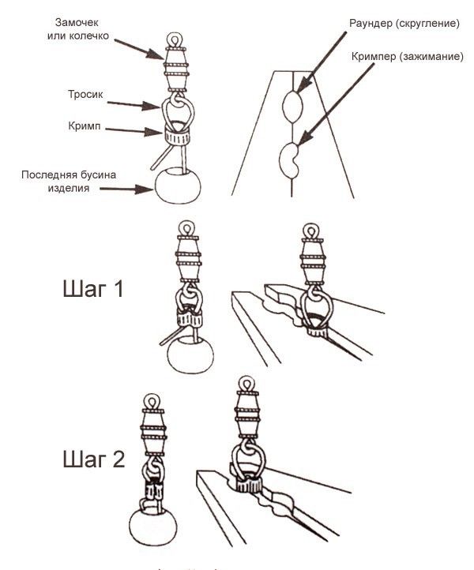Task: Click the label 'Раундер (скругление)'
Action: [404, 24]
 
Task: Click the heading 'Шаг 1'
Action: [92, 290]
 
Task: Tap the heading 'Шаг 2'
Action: [93, 459]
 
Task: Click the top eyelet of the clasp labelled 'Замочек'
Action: [175, 37]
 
